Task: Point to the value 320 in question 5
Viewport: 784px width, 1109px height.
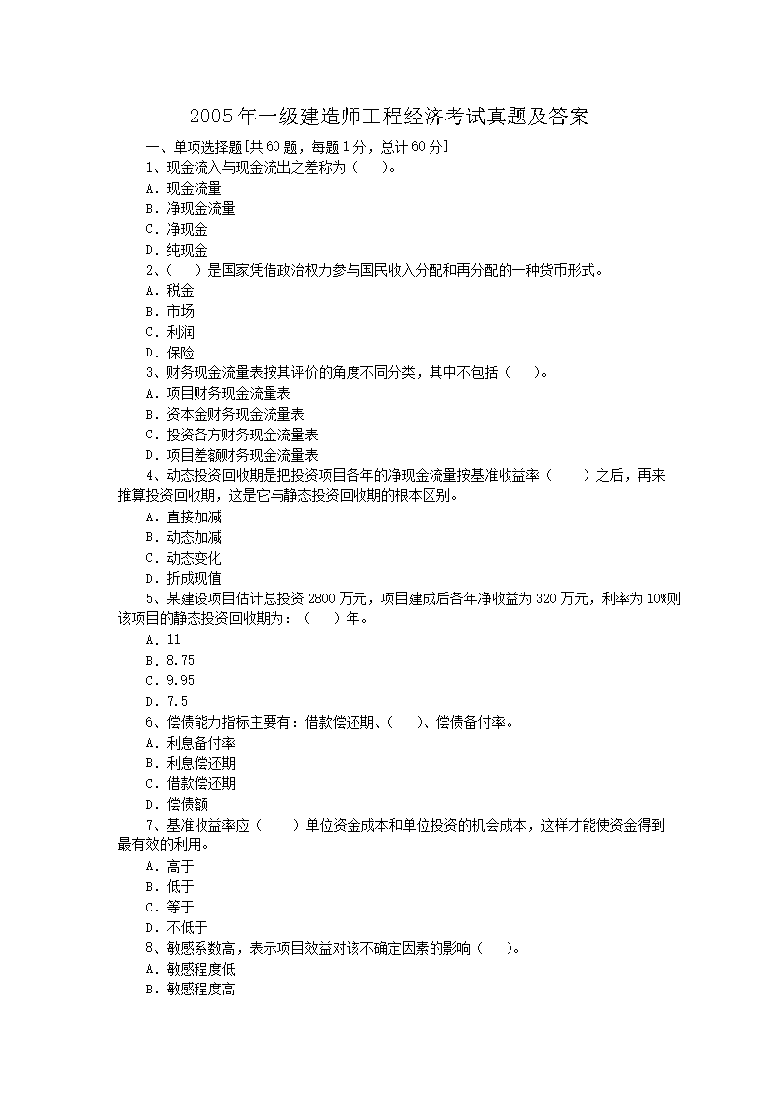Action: coord(548,598)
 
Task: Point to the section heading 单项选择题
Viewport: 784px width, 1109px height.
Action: coord(206,147)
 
